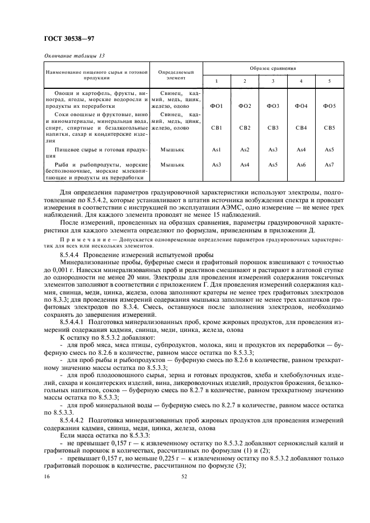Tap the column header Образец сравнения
point(273,68)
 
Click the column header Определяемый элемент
point(176,75)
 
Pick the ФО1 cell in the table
point(217,106)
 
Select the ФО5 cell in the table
point(330,106)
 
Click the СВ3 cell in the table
point(273,128)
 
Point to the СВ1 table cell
point(217,128)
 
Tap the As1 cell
point(217,150)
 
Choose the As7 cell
point(330,165)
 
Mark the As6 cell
point(301,165)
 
